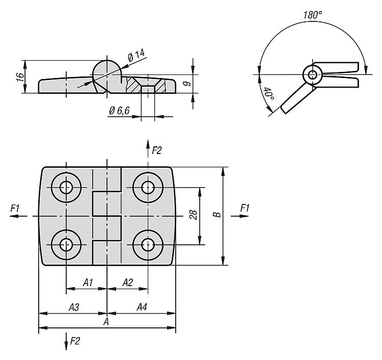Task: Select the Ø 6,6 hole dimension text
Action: (120, 111)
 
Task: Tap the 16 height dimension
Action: (19, 76)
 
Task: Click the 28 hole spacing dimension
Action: (193, 216)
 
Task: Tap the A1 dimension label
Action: (88, 282)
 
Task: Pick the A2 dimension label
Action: (127, 282)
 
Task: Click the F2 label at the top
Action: (156, 150)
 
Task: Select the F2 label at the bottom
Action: (75, 340)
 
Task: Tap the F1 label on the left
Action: (15, 208)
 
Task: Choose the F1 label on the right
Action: (245, 208)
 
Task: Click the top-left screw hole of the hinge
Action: (66, 187)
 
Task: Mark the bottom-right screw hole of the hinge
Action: (148, 245)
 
